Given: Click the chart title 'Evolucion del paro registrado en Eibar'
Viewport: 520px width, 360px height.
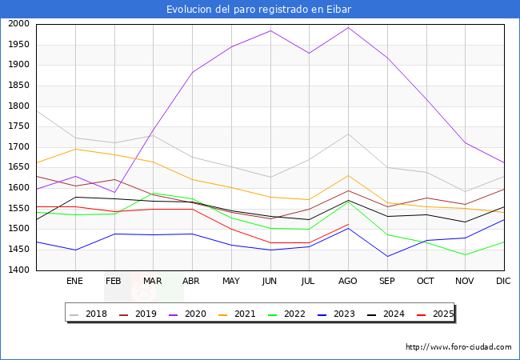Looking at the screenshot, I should [x=259, y=9].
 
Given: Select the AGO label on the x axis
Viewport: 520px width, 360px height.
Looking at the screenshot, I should [x=348, y=282].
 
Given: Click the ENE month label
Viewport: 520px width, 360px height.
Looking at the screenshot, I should [x=74, y=282].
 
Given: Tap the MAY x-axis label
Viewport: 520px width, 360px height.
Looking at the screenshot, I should [x=230, y=282].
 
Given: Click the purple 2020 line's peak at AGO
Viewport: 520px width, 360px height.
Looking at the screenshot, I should [x=348, y=28].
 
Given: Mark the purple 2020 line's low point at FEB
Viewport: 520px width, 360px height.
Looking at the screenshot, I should [x=114, y=192].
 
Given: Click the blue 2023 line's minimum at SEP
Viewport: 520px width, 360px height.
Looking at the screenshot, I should [x=387, y=257].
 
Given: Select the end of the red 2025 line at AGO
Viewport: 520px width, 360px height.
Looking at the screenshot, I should [x=348, y=224].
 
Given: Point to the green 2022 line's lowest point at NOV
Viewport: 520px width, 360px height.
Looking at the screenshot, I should [x=465, y=255].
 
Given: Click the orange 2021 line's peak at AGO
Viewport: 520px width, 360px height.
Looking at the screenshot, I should [x=348, y=175].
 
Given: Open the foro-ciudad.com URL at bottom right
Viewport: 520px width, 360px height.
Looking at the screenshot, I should [x=458, y=347].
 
